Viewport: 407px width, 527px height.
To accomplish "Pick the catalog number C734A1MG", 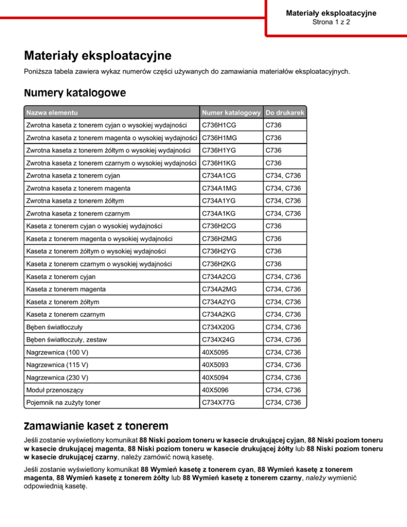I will [220, 188].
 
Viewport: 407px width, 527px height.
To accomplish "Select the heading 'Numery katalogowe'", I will [75, 93].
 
